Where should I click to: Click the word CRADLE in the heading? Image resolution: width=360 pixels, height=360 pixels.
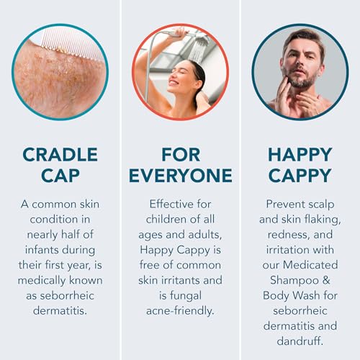pos(60,155)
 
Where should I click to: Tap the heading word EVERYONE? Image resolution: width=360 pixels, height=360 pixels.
pos(180,176)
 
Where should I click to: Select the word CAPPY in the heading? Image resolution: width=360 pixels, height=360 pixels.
pos(300,176)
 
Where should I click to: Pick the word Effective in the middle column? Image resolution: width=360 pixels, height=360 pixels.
pos(179,204)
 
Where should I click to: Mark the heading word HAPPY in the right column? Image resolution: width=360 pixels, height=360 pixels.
pos(300,155)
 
